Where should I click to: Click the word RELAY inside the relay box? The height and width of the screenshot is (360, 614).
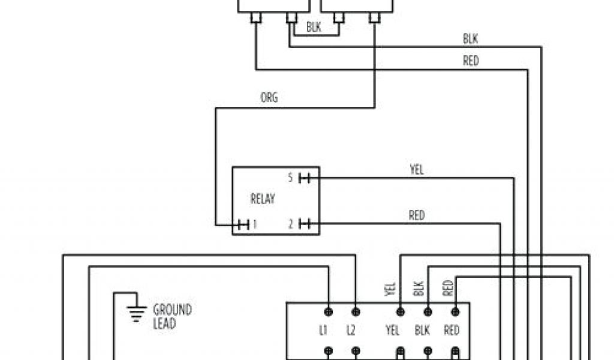[262, 199]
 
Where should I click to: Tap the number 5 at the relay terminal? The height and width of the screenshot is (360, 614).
[290, 178]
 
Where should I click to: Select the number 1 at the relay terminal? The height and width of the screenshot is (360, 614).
[254, 225]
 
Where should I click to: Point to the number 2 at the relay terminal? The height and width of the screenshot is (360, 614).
[290, 224]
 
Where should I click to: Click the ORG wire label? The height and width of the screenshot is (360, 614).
[269, 97]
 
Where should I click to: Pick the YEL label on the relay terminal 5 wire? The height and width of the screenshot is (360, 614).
[416, 170]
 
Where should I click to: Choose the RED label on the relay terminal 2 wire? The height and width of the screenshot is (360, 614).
[416, 215]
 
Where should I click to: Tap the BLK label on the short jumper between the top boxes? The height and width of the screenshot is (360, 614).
[314, 27]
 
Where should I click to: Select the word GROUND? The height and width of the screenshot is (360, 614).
[173, 310]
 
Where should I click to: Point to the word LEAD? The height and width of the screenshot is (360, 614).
[164, 323]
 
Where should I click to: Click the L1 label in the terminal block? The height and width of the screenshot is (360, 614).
[324, 331]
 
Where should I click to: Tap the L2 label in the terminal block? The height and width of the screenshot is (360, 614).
[351, 331]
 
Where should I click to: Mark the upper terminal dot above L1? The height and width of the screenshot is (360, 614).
[329, 311]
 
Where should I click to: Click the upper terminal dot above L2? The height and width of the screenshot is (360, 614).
[356, 311]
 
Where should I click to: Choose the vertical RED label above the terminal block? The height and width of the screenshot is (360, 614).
[447, 288]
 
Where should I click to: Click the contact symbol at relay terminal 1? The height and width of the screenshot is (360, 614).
[242, 225]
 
